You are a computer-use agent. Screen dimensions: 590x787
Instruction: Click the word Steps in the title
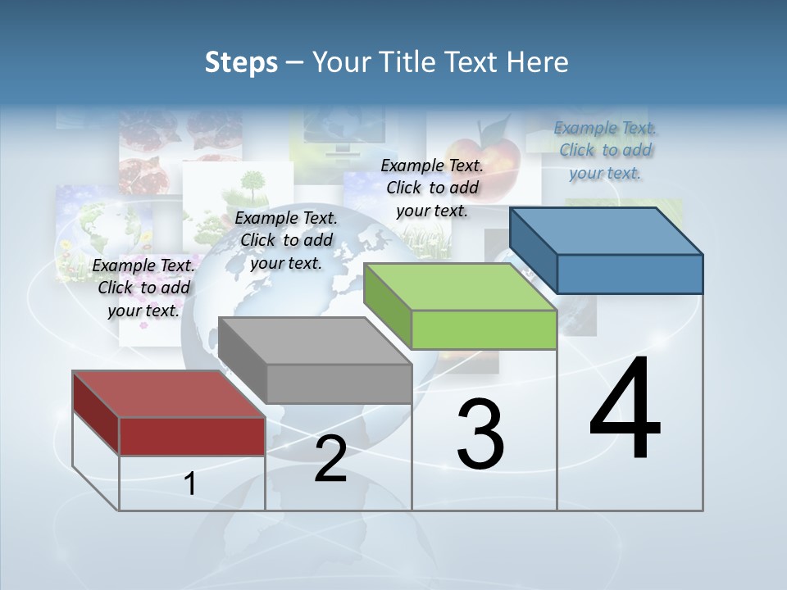click(x=241, y=62)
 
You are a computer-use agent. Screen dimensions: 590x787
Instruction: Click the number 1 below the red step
click(x=189, y=484)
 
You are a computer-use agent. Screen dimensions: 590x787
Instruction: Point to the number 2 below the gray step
click(x=330, y=460)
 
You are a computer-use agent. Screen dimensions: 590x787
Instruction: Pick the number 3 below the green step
click(x=480, y=435)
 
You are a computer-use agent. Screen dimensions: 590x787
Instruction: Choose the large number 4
click(x=626, y=409)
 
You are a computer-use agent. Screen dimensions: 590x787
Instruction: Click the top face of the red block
click(x=168, y=394)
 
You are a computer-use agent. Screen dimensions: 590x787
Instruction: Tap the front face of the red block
click(x=192, y=436)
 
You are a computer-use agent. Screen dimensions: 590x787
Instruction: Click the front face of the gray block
click(x=339, y=383)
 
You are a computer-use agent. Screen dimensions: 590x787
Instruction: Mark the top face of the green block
click(x=460, y=287)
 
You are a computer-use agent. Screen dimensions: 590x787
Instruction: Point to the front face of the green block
click(x=484, y=330)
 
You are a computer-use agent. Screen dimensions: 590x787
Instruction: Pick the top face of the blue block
click(x=606, y=231)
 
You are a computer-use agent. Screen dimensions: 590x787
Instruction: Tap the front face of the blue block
click(x=630, y=274)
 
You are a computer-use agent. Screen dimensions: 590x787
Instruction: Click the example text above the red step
click(x=144, y=288)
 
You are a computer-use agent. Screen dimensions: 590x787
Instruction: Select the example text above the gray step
click(x=286, y=241)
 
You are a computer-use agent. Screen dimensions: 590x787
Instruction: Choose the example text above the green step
click(x=432, y=188)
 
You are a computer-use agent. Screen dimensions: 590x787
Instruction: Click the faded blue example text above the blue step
click(x=606, y=150)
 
